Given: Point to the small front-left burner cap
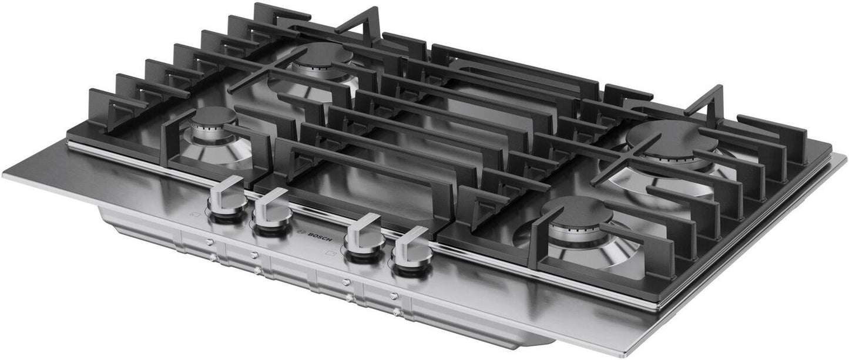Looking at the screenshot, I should [214, 118].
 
